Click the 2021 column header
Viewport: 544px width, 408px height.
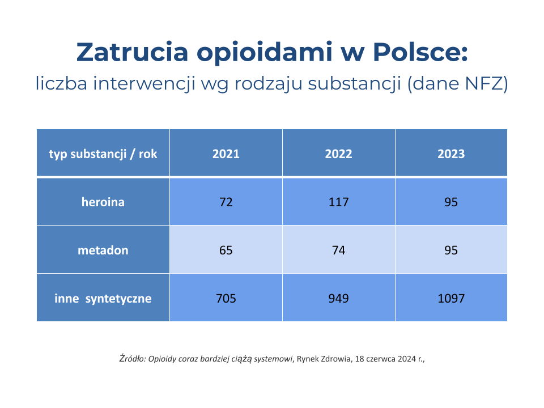226,154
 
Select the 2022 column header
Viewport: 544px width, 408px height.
338,154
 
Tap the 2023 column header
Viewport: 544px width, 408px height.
451,154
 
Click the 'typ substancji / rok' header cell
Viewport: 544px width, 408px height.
103,154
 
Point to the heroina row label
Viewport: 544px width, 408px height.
103,202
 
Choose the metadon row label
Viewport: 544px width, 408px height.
103,250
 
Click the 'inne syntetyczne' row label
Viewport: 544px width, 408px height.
103,298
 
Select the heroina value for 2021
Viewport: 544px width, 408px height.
226,202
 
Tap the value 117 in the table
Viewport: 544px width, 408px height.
338,202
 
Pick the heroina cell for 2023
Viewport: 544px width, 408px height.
451,202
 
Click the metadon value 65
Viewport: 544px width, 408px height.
226,250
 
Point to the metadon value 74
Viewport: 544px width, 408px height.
338,250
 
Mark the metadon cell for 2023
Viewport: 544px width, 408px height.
451,250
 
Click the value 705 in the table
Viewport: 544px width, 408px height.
226,298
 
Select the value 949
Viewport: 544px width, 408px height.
338,298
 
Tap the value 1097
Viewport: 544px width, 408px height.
451,298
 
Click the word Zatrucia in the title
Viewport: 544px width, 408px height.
131,52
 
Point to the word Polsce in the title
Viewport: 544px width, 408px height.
419,52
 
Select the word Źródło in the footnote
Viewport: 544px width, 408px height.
132,358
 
